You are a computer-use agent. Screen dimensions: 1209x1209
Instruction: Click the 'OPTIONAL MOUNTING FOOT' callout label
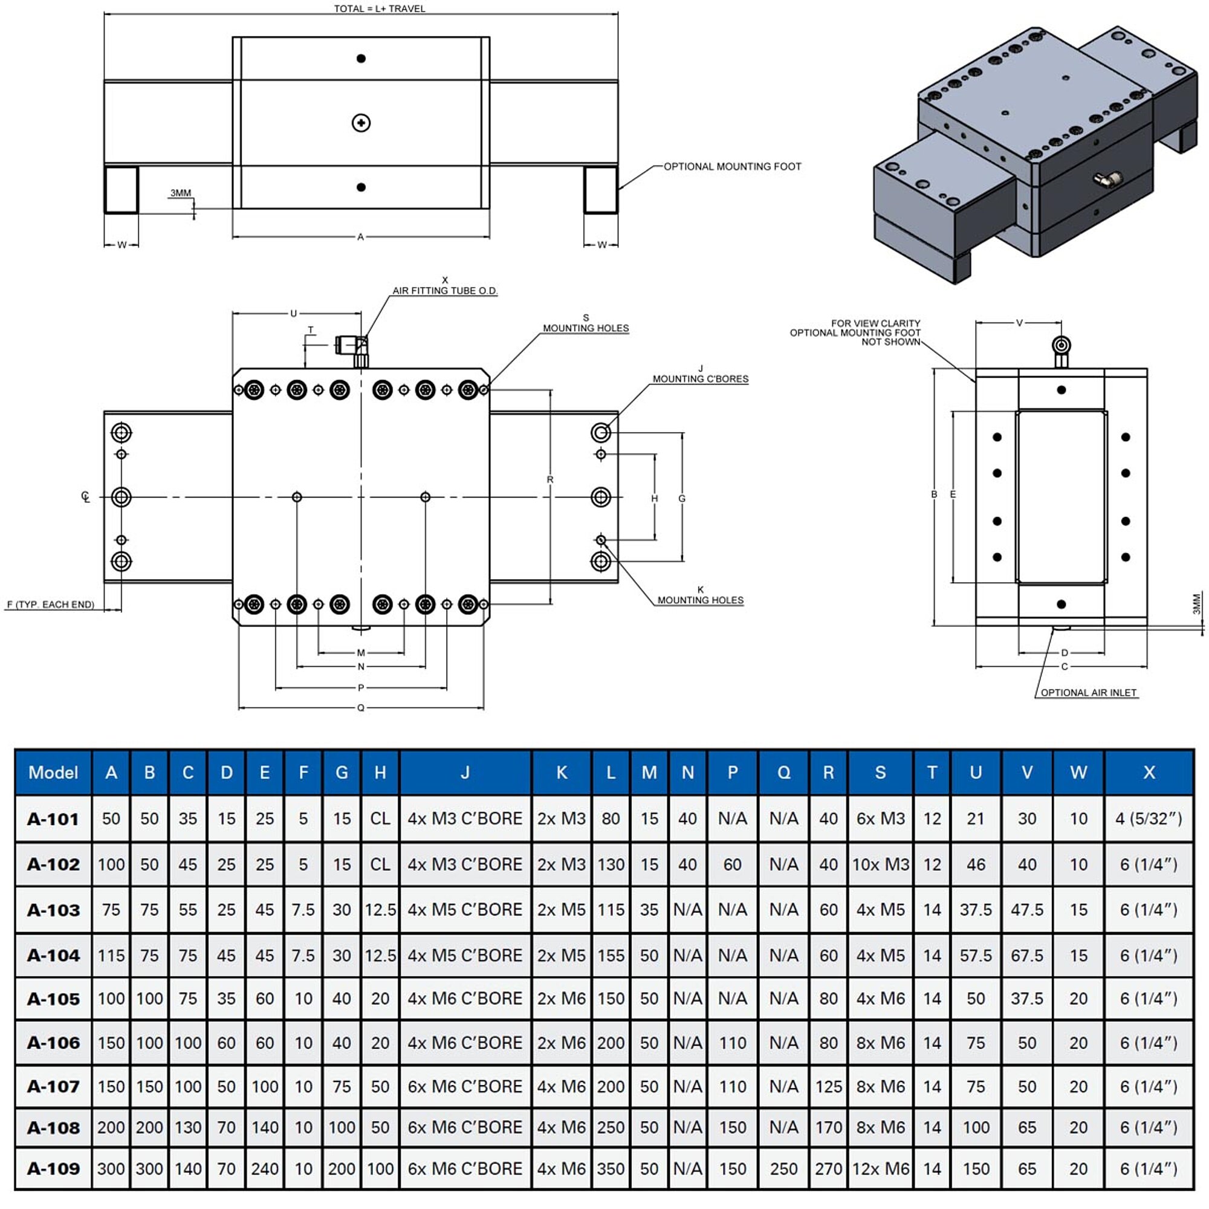[x=731, y=166]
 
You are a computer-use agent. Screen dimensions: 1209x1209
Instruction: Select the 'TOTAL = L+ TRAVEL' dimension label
[x=379, y=8]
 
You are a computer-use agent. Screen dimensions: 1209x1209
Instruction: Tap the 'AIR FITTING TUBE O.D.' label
[x=444, y=290]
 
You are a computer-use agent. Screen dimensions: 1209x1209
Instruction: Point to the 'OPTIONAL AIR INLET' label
[x=1088, y=693]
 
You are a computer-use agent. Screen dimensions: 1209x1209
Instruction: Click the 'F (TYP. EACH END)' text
[x=50, y=604]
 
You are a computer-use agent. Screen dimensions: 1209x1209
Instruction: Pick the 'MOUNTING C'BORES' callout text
[x=700, y=378]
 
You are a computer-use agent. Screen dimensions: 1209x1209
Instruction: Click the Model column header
[x=53, y=772]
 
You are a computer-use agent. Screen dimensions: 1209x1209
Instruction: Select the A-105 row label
[x=53, y=999]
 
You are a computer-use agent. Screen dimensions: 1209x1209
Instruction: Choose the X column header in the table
[x=1149, y=772]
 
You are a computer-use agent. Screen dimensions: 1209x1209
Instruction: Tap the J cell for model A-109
[x=465, y=1168]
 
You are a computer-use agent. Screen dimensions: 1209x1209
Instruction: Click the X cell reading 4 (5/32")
[x=1149, y=818]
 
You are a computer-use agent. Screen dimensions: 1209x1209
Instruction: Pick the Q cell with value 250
[x=783, y=1168]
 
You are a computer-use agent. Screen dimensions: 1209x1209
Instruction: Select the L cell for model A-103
[x=611, y=909]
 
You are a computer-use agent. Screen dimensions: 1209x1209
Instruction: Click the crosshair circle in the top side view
[x=361, y=123]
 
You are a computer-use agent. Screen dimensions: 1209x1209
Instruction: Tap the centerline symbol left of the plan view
[x=86, y=497]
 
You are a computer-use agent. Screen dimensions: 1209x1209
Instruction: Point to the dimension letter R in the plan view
[x=550, y=479]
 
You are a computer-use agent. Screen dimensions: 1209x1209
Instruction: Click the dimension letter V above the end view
[x=1019, y=323]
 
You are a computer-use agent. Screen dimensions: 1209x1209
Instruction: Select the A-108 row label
[x=53, y=1127]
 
